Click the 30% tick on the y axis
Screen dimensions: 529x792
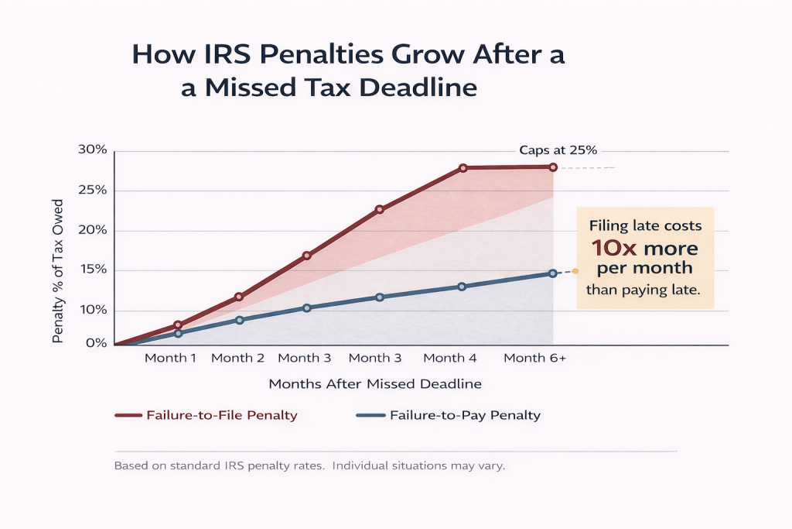point(92,149)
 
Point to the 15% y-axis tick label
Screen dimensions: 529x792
point(92,270)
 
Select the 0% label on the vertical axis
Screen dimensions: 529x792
point(96,342)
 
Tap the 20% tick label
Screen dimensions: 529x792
point(92,230)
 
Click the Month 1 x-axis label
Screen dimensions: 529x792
point(171,358)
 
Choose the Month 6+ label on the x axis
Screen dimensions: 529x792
point(535,358)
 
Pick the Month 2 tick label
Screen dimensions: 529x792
point(237,358)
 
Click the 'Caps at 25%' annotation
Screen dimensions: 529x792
point(558,151)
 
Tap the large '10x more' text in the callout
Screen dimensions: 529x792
point(645,249)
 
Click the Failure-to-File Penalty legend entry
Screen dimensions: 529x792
point(221,415)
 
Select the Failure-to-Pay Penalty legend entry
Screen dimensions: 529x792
point(465,415)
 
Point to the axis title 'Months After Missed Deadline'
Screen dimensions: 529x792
point(375,384)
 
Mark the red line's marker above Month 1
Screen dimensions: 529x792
point(178,325)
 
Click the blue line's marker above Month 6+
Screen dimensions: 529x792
point(552,273)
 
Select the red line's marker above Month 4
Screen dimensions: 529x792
point(463,168)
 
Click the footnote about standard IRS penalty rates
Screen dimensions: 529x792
point(309,467)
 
